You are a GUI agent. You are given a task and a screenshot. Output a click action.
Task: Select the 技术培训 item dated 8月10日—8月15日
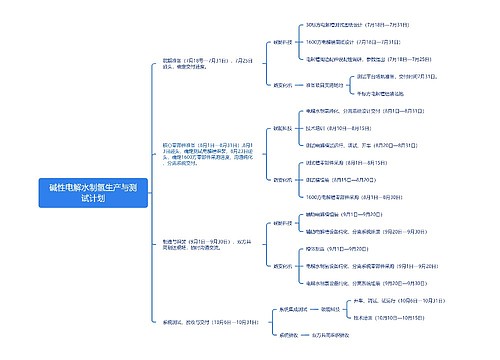pyautogui.click(x=333, y=128)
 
